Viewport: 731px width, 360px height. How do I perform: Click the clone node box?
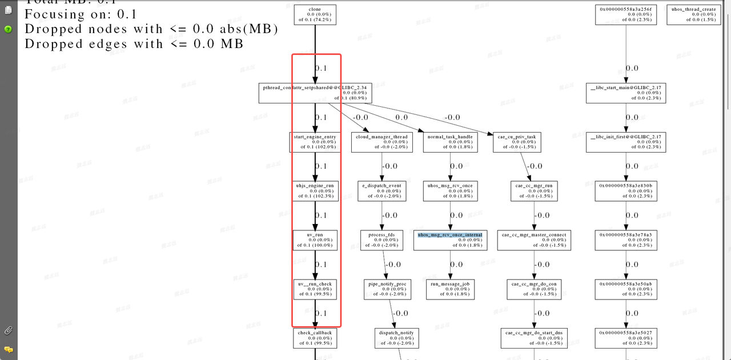click(x=315, y=15)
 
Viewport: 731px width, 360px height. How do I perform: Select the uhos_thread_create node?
click(x=693, y=15)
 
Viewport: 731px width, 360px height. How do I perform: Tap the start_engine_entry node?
click(x=315, y=142)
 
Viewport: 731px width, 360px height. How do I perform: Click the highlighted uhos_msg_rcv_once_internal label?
click(x=450, y=235)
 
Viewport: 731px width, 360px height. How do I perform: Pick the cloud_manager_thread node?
click(x=381, y=142)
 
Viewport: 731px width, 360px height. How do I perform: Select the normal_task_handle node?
click(x=450, y=142)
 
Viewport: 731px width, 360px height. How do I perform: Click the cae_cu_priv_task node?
click(x=517, y=142)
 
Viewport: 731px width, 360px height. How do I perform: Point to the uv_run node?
click(x=315, y=240)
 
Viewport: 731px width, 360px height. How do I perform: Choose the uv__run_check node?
click(x=315, y=289)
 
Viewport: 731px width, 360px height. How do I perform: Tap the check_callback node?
click(x=315, y=338)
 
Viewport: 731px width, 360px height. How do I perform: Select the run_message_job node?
click(x=450, y=289)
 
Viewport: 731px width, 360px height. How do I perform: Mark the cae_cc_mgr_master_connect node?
click(x=534, y=240)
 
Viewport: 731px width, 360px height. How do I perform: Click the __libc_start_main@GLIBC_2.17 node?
click(x=625, y=93)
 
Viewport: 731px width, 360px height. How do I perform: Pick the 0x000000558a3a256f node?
click(x=625, y=15)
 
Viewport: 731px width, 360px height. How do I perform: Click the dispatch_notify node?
click(x=396, y=338)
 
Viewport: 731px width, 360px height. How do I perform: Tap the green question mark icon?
click(x=9, y=29)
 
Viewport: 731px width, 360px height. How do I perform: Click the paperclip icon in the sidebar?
click(x=9, y=330)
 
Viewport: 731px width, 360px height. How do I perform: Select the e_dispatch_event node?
click(x=381, y=191)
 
